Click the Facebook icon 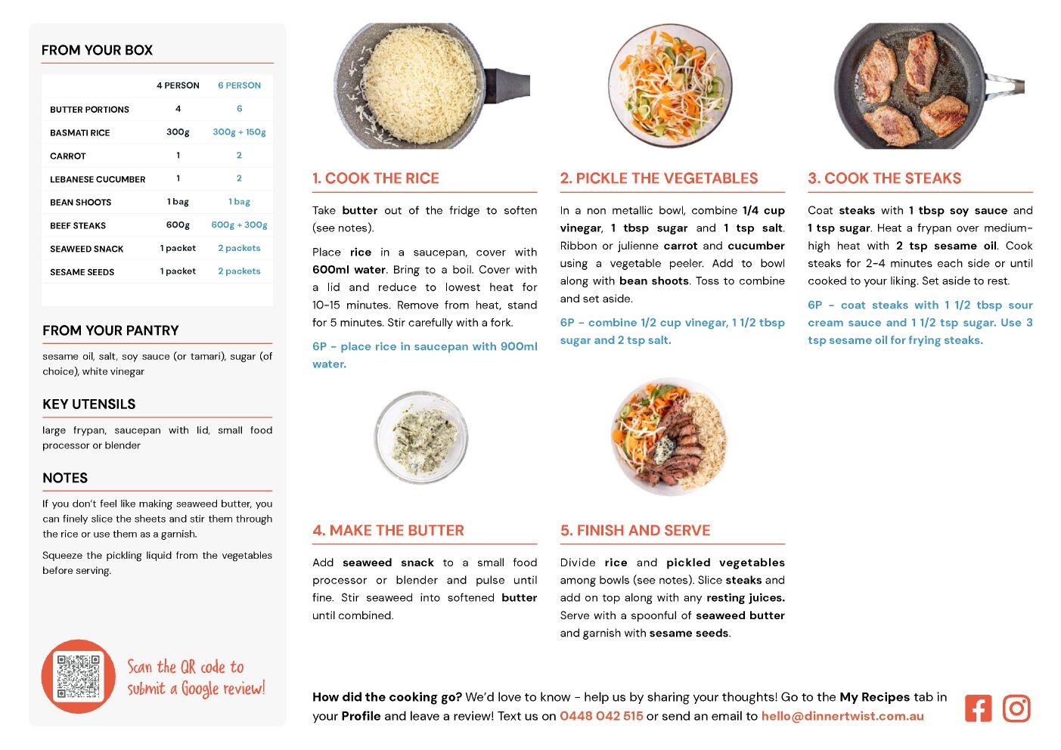click(978, 708)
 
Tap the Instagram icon click(1016, 708)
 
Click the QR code click(79, 676)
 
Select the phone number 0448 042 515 click(601, 716)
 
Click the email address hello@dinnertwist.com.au click(842, 716)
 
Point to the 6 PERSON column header click(239, 85)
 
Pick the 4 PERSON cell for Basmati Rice click(178, 132)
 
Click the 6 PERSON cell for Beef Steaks click(239, 225)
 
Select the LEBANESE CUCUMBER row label click(98, 179)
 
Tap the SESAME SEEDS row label click(82, 272)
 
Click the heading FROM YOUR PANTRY click(110, 330)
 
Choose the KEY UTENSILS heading click(89, 404)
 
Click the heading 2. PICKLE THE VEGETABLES click(659, 178)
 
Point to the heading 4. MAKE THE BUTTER click(388, 531)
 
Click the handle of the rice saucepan click(507, 86)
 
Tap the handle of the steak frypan click(1005, 85)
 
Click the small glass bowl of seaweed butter click(421, 438)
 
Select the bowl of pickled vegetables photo click(670, 85)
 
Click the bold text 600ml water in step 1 click(349, 270)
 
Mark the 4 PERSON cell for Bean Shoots click(178, 202)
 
